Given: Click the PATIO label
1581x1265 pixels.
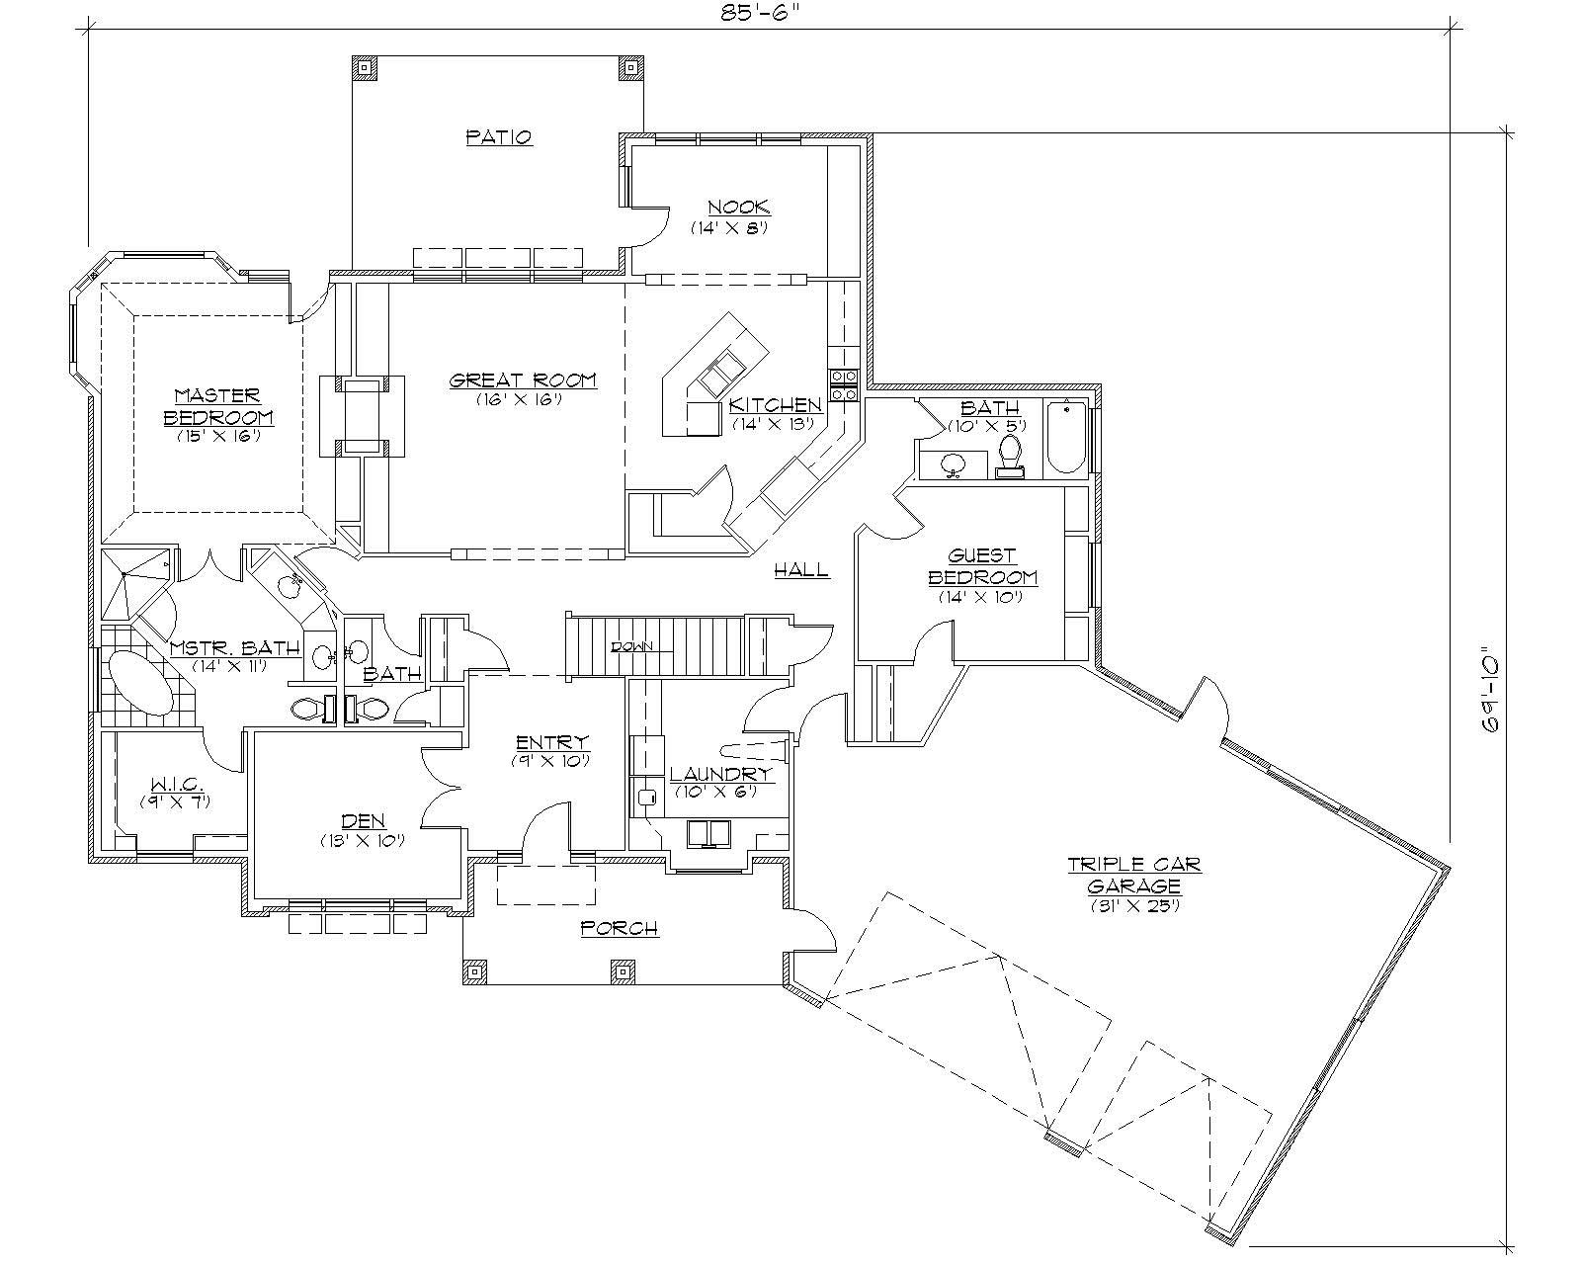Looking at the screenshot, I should (499, 136).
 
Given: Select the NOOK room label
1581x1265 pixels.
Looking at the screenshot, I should (738, 208).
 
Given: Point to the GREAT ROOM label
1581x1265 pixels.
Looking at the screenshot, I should (523, 380).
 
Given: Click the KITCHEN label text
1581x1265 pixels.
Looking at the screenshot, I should (776, 405).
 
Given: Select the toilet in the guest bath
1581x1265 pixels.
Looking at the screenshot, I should (1010, 455).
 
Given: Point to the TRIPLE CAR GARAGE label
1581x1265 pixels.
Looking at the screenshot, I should (1134, 875).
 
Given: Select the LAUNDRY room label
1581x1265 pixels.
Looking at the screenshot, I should (719, 775).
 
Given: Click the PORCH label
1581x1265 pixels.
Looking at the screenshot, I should (619, 928).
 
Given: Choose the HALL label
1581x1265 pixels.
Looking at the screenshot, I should (800, 569).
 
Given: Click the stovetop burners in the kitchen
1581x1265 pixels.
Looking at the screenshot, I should (843, 385).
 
